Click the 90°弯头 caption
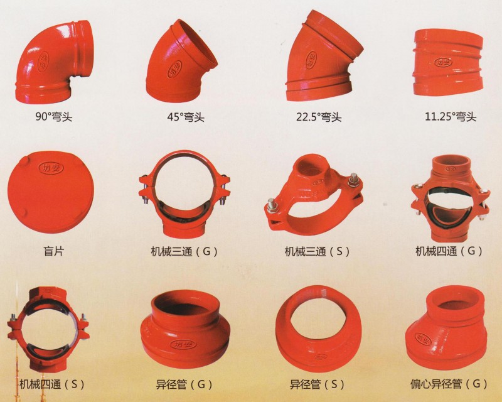click(x=53, y=116)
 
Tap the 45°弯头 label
click(x=186, y=116)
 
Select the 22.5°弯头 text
click(x=319, y=117)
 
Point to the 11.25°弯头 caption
click(x=451, y=116)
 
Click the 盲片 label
click(x=53, y=251)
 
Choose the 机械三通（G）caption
click(x=184, y=251)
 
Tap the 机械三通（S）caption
click(x=317, y=251)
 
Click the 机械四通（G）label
click(x=449, y=251)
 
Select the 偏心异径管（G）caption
click(x=449, y=383)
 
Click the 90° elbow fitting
click(x=54, y=63)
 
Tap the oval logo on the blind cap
click(x=51, y=167)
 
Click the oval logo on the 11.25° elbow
click(x=444, y=62)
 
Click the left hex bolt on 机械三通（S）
click(x=272, y=205)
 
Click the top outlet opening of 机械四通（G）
click(x=451, y=163)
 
